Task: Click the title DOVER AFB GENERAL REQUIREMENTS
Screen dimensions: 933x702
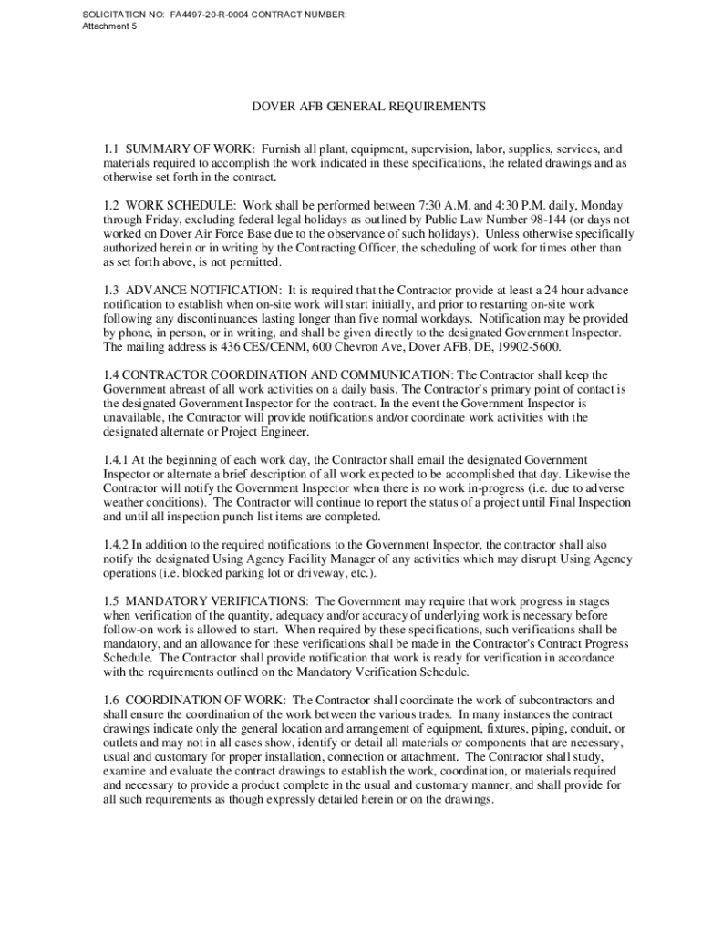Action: coord(368,107)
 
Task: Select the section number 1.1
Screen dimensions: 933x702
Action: coord(111,149)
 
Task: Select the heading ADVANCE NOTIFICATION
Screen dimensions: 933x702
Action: coord(202,291)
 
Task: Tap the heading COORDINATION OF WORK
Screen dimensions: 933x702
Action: coord(206,700)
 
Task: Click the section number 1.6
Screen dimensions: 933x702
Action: coord(111,700)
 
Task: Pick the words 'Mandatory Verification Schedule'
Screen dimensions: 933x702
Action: coord(382,672)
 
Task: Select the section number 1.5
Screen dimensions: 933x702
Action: coord(111,601)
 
